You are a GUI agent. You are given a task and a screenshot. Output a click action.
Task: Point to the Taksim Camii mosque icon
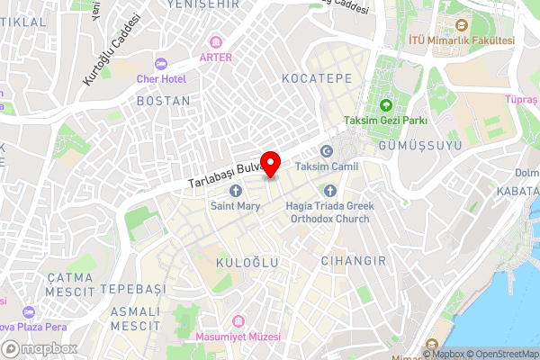click(327, 151)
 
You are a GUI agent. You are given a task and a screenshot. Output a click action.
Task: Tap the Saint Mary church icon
click(236, 191)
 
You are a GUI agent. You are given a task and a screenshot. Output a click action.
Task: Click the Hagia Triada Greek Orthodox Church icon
click(329, 191)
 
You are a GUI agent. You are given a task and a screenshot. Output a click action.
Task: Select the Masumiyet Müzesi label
click(238, 335)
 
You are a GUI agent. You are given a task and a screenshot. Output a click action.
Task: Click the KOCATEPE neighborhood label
click(317, 79)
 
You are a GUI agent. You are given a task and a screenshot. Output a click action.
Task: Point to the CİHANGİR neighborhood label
click(354, 261)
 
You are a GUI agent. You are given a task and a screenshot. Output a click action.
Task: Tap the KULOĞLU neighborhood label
click(247, 262)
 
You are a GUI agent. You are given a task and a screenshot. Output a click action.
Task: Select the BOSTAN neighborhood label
click(164, 102)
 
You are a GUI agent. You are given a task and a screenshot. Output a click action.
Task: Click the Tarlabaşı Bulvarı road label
click(225, 175)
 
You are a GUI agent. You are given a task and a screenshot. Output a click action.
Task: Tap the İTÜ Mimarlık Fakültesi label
click(462, 40)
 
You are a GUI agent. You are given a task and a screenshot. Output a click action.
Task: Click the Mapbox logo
click(40, 348)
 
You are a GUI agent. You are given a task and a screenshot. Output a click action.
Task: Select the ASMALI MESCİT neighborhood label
click(134, 318)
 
